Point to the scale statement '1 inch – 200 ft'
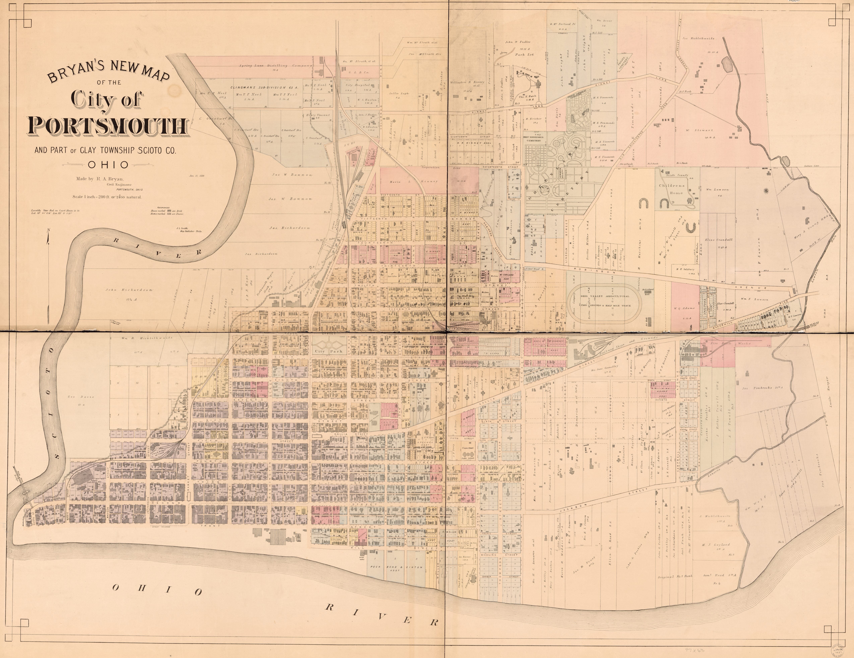106,197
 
